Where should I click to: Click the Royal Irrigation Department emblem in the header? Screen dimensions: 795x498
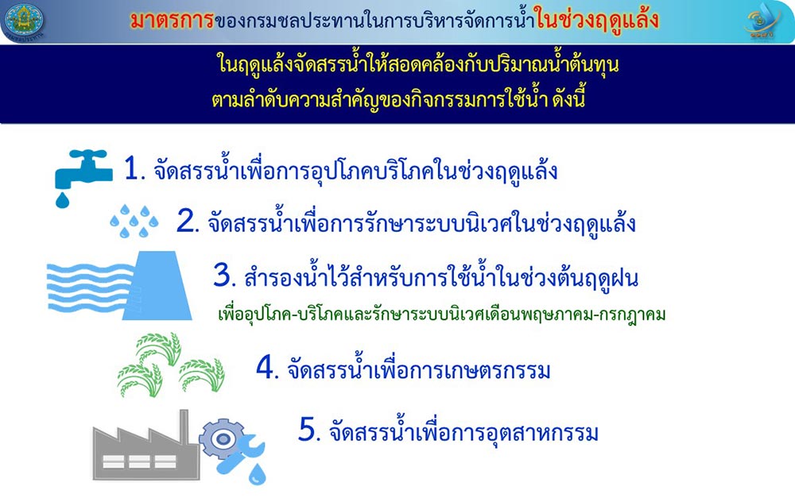pos(23,21)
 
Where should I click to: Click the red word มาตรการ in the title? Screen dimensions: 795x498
pos(173,20)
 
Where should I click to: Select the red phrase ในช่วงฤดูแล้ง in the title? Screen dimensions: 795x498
pos(597,20)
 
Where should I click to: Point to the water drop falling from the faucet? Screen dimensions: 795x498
pos(62,200)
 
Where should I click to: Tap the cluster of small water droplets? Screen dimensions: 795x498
pos(134,221)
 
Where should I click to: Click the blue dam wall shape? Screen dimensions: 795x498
pos(157,285)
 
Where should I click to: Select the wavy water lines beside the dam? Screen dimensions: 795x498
pos(89,287)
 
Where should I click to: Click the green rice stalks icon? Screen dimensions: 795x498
pos(171,364)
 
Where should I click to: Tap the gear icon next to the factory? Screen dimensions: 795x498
pos(222,439)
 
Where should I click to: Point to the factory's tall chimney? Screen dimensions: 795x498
pos(184,429)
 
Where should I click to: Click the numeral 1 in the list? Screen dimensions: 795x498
pos(133,168)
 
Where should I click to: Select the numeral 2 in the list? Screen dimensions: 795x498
pos(188,221)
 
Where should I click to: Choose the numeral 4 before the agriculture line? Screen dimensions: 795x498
pos(267,367)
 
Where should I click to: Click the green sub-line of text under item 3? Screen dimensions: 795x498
pos(441,314)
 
